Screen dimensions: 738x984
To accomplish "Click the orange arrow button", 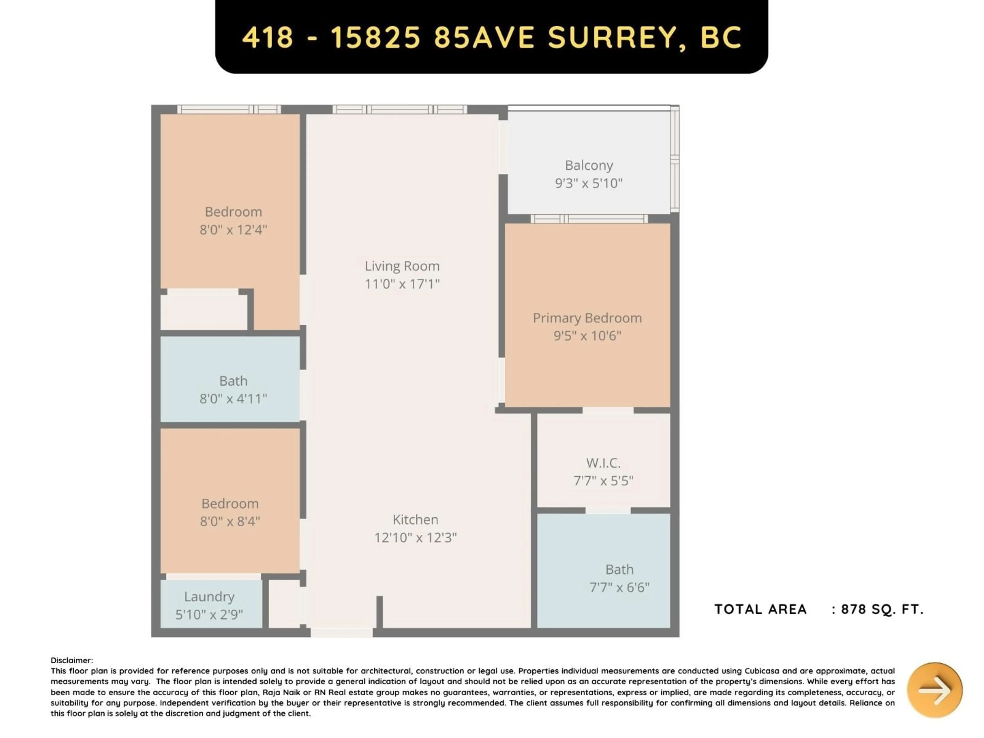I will tap(935, 690).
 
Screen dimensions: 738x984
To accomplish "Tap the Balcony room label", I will tap(589, 166).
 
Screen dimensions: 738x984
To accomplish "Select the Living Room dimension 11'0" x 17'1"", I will tap(402, 284).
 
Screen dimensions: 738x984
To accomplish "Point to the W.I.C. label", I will tap(603, 463).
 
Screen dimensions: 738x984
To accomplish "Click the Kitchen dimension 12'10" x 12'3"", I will tap(415, 538).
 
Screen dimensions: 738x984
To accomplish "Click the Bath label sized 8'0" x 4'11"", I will tap(233, 381).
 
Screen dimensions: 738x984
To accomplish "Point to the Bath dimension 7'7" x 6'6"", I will tap(619, 588).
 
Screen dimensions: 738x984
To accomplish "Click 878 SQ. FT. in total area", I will tap(882, 609).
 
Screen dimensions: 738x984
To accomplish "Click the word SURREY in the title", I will tap(612, 37).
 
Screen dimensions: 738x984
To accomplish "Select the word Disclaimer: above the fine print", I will tap(71, 661).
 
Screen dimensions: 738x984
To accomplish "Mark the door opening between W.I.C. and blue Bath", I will tap(608, 510).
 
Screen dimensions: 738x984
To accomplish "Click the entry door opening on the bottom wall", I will tap(341, 633).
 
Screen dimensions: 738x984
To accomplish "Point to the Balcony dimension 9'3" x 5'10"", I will tap(589, 183).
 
